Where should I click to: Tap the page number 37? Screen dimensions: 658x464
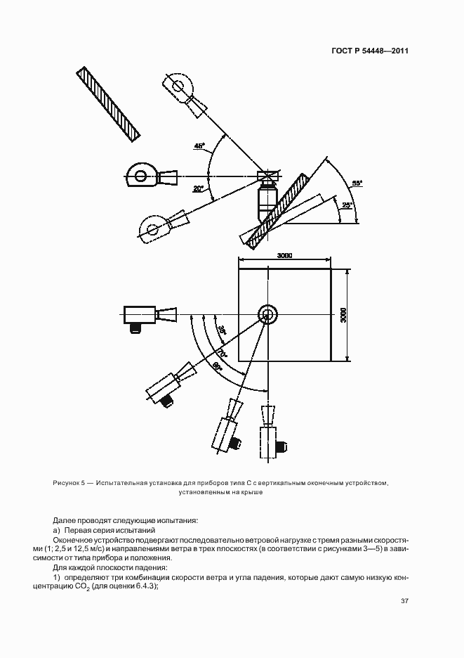405,601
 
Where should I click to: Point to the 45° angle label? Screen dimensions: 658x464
200,146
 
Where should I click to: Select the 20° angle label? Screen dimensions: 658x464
199,188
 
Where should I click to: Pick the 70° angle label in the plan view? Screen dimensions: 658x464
222,351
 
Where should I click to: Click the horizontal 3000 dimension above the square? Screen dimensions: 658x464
284,255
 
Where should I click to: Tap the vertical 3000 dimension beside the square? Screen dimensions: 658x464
343,314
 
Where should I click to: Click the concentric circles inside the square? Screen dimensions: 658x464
267,314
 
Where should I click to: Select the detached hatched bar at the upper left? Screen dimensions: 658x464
110,104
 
